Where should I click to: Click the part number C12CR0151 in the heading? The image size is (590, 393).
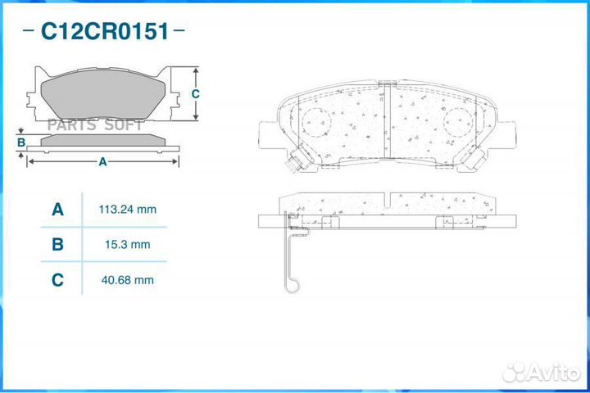coord(105,32)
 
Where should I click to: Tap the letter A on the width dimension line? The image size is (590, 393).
coord(102,162)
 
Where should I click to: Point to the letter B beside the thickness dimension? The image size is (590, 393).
coord(20,143)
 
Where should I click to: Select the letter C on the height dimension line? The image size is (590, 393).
coord(195,94)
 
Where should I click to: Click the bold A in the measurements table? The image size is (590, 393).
coord(57,210)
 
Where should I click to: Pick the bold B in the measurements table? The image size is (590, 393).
coord(57,244)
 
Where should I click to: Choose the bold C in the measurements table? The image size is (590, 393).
coord(57,280)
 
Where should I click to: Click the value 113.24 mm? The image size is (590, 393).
coord(127,210)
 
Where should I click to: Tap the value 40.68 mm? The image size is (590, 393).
coord(126,280)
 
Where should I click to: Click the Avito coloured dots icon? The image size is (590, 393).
coord(514,373)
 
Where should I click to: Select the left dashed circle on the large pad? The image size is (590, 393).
coord(317,124)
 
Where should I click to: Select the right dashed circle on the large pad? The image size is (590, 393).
coord(459,124)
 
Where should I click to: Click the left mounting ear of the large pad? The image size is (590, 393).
coord(269,133)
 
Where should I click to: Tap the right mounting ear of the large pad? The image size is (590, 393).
coord(507,133)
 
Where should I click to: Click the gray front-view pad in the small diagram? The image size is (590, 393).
coord(102,93)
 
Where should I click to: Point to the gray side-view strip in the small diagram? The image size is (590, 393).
coord(102,142)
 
